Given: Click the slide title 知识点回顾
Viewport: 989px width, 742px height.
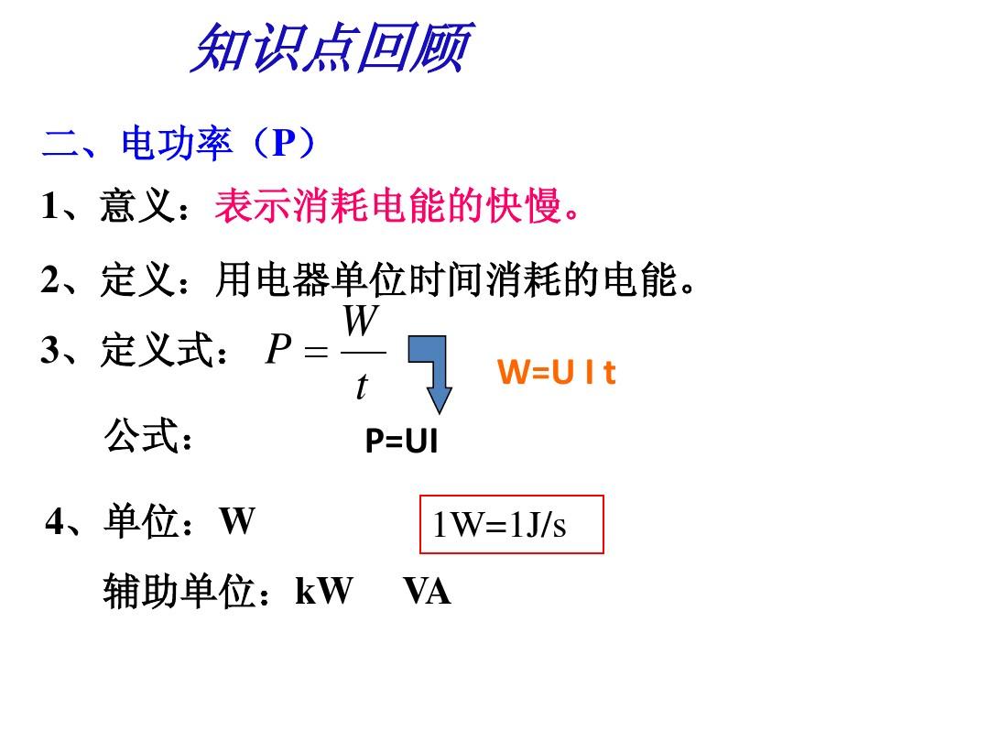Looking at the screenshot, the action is [x=331, y=48].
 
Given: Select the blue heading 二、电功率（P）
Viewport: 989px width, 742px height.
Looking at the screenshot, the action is [x=179, y=143].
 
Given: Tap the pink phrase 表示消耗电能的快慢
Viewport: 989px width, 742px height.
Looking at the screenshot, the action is [x=388, y=206].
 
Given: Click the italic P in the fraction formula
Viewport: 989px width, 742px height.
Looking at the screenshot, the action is [x=278, y=349].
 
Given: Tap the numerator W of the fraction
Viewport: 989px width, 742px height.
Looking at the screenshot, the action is [x=361, y=321].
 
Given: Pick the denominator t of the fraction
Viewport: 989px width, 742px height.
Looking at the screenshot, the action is [x=362, y=387].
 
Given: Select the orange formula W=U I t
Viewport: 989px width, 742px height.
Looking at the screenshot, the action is [x=557, y=372].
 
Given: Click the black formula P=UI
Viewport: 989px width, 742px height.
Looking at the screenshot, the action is [x=401, y=441].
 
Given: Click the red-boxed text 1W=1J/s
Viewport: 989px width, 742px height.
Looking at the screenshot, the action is [x=500, y=524].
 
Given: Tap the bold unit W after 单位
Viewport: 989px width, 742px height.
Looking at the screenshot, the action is [x=237, y=522].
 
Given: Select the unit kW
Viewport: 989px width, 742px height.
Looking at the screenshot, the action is [x=324, y=591].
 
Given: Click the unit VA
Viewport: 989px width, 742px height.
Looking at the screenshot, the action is [x=427, y=592].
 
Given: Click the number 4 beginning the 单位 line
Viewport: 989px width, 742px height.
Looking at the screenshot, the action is [x=54, y=522].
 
